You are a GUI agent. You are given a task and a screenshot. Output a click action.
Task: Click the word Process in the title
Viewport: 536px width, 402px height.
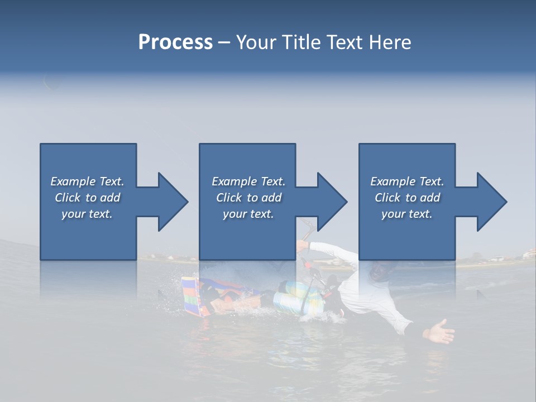pos(175,42)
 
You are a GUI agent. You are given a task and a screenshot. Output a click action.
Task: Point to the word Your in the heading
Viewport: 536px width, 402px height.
pos(257,42)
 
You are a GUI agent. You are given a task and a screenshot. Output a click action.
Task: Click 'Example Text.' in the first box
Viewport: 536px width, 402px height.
pos(87,181)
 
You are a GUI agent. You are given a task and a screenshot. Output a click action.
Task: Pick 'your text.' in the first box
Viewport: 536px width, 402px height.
pos(87,214)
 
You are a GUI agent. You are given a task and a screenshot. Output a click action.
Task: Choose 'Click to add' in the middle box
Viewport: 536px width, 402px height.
pos(248,198)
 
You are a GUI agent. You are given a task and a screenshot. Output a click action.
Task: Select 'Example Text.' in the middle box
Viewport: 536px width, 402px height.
pos(248,181)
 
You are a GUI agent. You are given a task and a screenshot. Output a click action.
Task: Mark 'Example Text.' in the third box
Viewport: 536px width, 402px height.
pos(407,181)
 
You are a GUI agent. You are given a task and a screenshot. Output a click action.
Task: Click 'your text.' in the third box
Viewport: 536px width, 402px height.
pos(407,214)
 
